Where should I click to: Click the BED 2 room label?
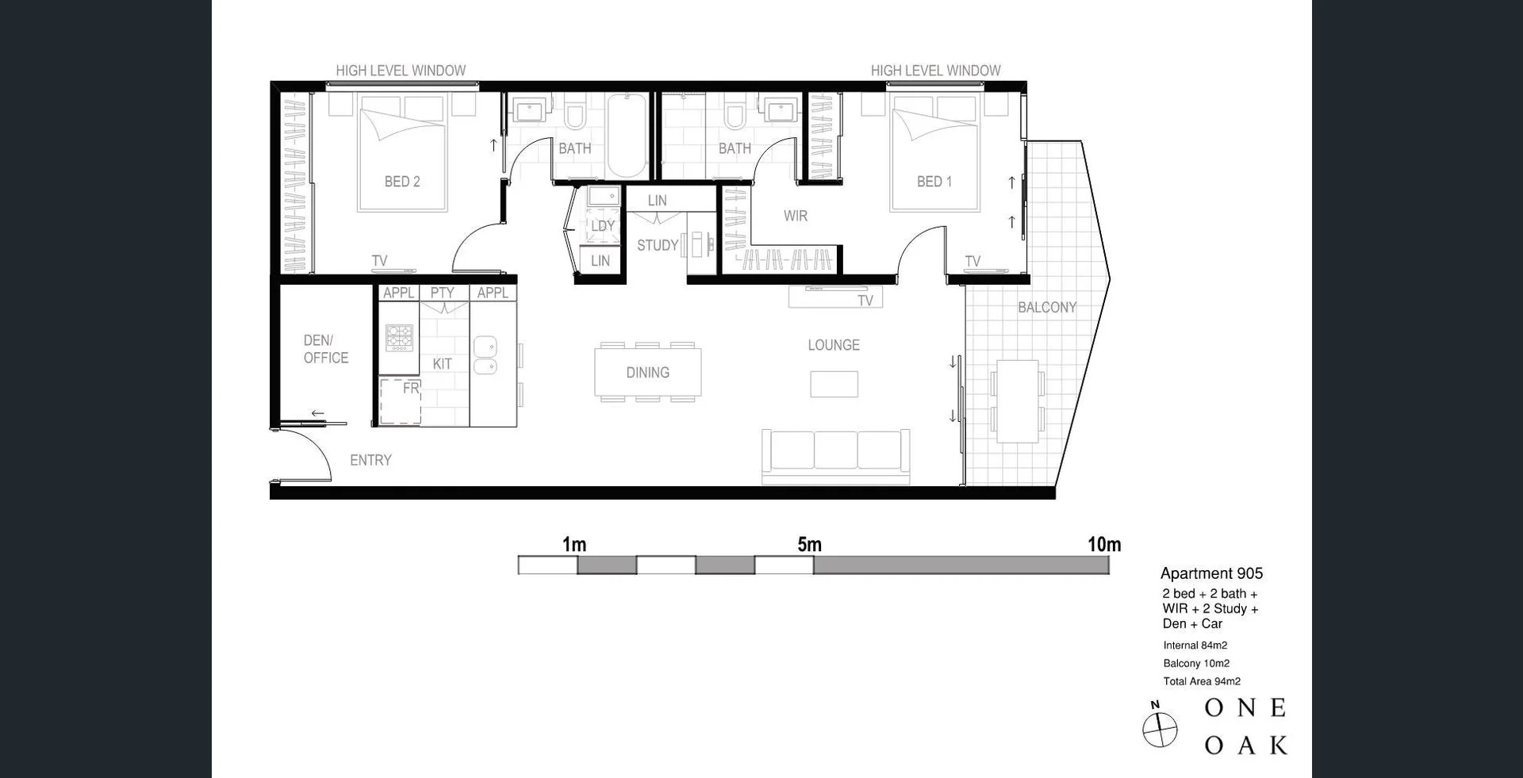pos(402,182)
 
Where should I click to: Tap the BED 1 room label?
pos(934,182)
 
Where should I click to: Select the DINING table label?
pos(647,372)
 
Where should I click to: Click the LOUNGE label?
pos(833,345)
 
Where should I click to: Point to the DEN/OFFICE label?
pos(325,349)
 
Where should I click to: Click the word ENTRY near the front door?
pos(370,460)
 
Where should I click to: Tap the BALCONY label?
pos(1046,307)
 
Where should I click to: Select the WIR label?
pos(795,216)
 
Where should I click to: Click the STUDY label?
pos(658,245)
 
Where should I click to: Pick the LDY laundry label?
pos(603,226)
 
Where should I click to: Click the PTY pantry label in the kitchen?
pos(442,293)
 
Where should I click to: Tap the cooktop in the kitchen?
pos(399,337)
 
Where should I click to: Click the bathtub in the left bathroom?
pos(627,136)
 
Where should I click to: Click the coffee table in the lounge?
pos(834,384)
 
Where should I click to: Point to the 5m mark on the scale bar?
pos(809,544)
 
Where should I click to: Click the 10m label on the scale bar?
pos(1103,544)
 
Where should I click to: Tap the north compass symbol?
pos(1159,727)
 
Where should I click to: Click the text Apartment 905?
pos(1211,573)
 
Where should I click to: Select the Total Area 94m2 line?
pos(1201,681)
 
